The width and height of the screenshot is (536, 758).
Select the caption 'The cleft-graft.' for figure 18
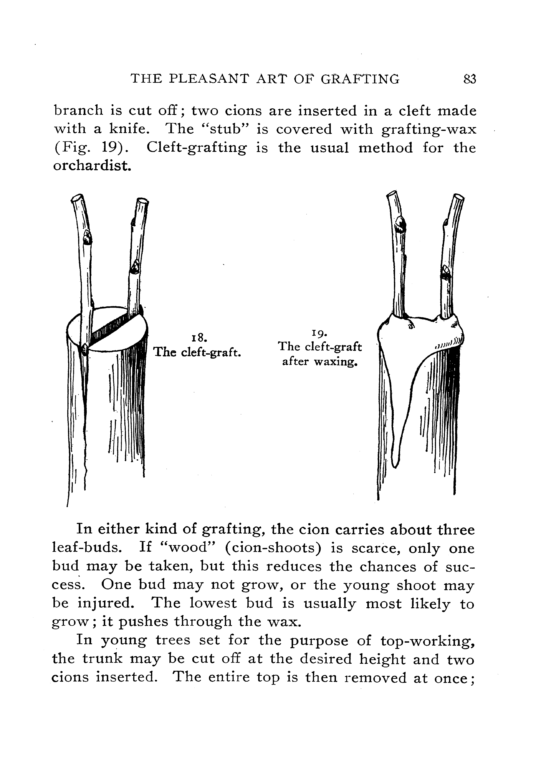pyautogui.click(x=197, y=353)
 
